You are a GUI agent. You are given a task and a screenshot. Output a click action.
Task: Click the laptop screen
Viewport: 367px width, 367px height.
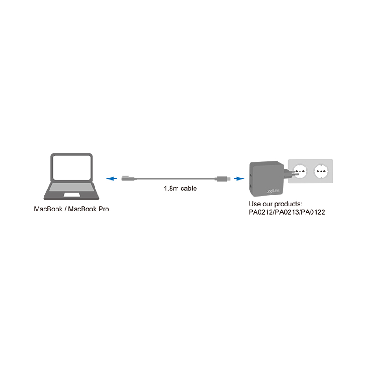(72, 167)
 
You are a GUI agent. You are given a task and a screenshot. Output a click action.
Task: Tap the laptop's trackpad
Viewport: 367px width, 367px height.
(72, 195)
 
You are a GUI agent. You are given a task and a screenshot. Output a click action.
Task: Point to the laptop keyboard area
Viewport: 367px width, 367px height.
(71, 187)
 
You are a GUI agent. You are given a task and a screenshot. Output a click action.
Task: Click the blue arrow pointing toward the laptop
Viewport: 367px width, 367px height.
(111, 178)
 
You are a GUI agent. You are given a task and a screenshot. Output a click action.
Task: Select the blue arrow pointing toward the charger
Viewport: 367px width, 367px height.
(239, 178)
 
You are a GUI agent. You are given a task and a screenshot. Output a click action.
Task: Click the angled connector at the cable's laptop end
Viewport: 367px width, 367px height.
(129, 178)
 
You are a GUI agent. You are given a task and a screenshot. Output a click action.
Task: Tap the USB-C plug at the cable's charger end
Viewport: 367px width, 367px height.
(222, 179)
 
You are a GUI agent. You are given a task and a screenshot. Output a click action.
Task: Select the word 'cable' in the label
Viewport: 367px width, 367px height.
(189, 189)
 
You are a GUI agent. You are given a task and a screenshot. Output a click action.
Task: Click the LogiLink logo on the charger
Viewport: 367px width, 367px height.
(273, 191)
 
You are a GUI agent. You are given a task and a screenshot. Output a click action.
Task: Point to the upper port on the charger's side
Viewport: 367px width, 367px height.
(251, 175)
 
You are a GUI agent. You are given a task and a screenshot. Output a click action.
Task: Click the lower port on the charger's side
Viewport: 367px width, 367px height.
(251, 187)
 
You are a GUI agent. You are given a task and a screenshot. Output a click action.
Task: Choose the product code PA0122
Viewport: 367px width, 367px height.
(313, 212)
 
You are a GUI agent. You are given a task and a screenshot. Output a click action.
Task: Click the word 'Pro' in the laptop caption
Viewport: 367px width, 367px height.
(104, 209)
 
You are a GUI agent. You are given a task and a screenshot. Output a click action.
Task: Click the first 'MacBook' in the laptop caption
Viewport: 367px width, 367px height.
(48, 209)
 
